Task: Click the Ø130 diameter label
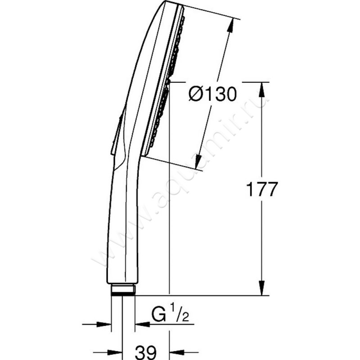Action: [212, 94]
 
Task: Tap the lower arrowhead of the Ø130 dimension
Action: [198, 162]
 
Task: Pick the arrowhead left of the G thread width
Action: [104, 324]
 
